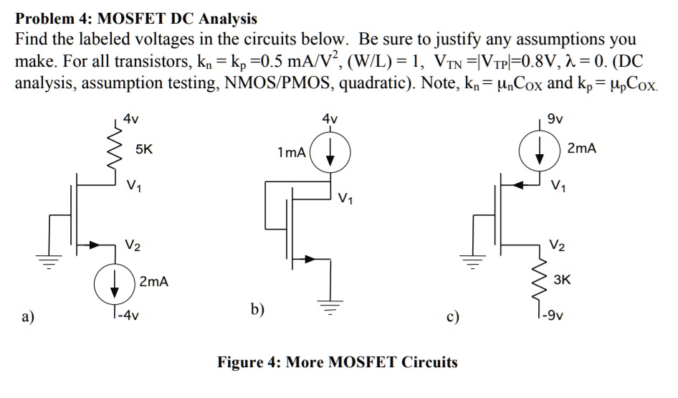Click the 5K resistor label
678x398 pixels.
pyautogui.click(x=143, y=150)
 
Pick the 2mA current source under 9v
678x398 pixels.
pyautogui.click(x=542, y=151)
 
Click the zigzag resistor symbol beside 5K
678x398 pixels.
pyautogui.click(x=117, y=151)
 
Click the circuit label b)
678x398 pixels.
pyautogui.click(x=257, y=311)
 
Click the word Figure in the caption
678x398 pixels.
pyautogui.click(x=243, y=361)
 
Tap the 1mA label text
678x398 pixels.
pyautogui.click(x=292, y=153)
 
